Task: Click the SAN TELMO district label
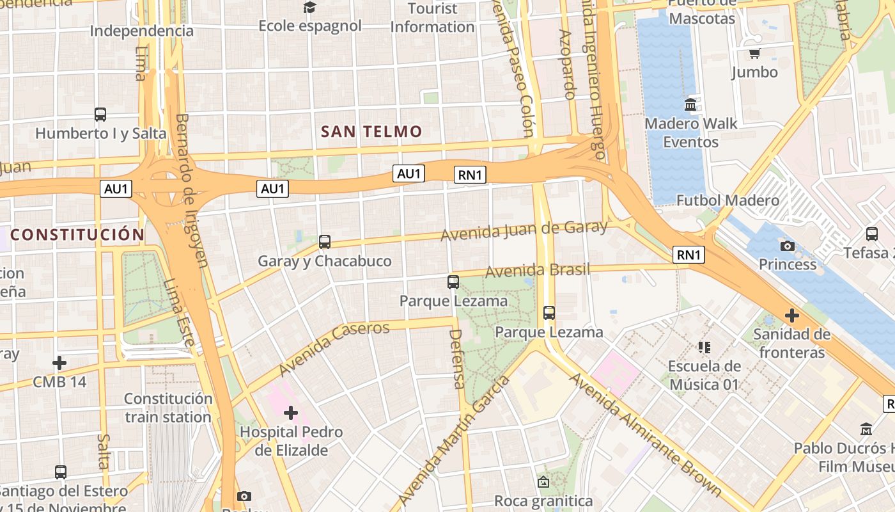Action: click(x=371, y=132)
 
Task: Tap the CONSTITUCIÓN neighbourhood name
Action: click(x=77, y=234)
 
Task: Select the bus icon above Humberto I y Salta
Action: click(x=100, y=115)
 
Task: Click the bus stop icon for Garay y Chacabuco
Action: click(x=325, y=242)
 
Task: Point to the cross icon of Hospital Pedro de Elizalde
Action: click(x=291, y=413)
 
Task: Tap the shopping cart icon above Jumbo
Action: click(x=754, y=53)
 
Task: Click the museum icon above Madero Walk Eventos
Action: click(x=690, y=104)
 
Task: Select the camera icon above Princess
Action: click(x=788, y=246)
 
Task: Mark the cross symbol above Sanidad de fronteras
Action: click(x=792, y=316)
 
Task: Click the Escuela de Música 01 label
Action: click(x=704, y=375)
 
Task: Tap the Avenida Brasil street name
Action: click(x=538, y=270)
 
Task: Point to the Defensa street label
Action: click(x=457, y=359)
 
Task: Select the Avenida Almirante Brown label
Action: click(x=646, y=435)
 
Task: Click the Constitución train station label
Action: click(x=168, y=408)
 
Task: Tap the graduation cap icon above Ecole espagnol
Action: click(x=310, y=8)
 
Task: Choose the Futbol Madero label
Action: click(x=728, y=200)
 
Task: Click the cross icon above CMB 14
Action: click(x=59, y=364)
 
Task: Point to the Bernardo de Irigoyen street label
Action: click(x=192, y=190)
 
